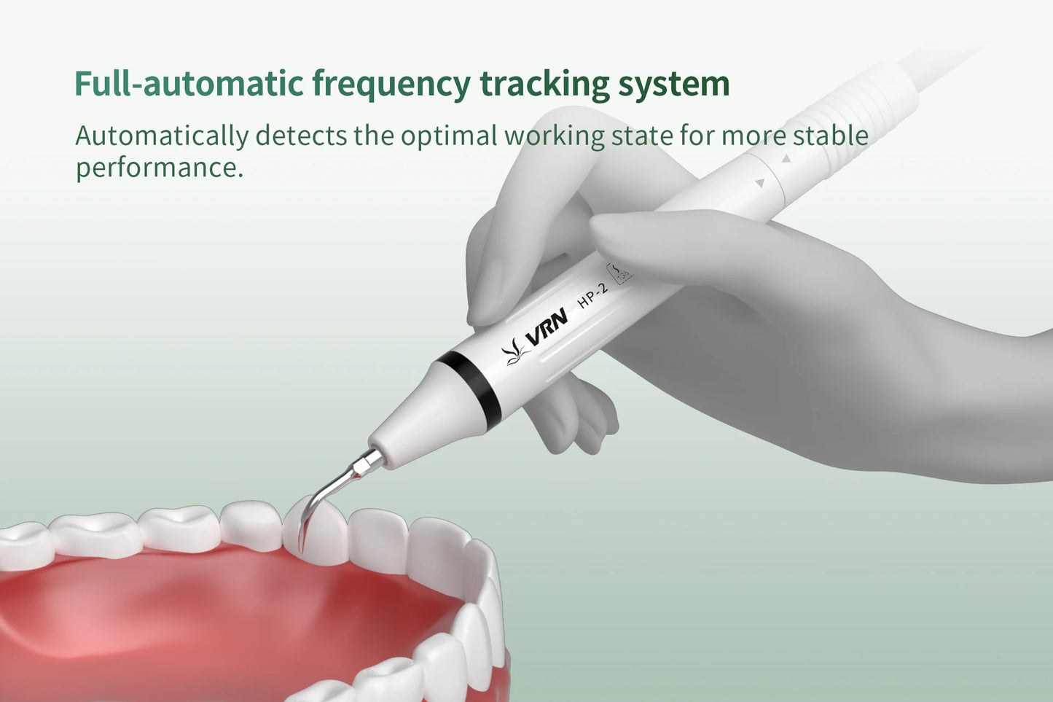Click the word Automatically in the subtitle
(x=162, y=136)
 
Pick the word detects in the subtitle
(x=300, y=136)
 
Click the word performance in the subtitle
(x=158, y=168)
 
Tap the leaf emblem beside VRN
(x=514, y=352)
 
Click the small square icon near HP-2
(x=620, y=273)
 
